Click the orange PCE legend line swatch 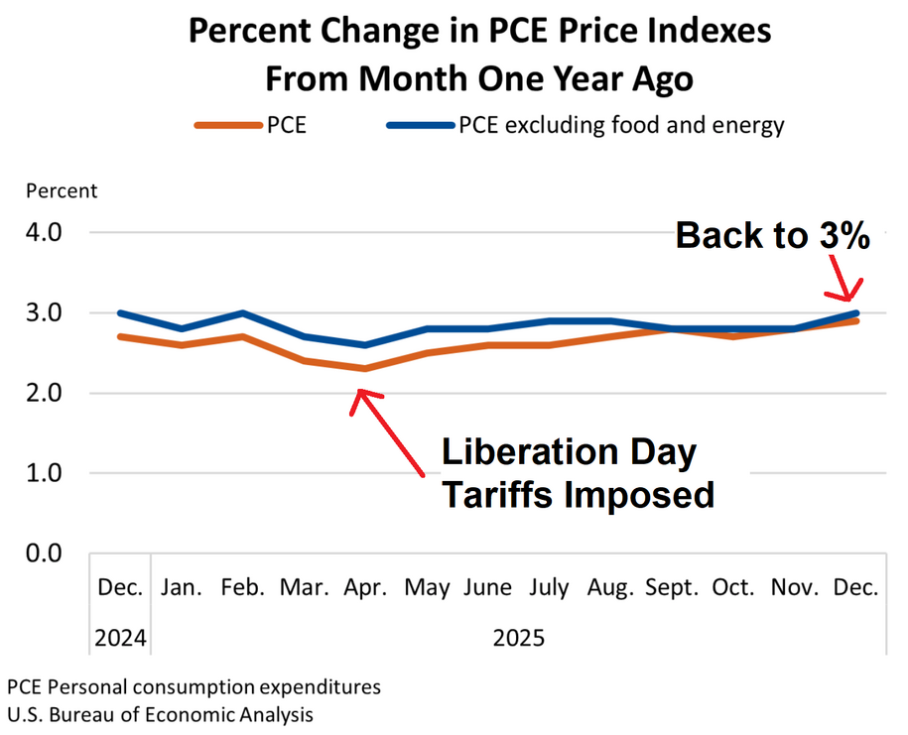tap(226, 125)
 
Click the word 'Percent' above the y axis tap(62, 190)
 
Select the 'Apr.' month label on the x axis tap(366, 587)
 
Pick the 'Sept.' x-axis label tap(673, 587)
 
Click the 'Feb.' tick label tap(243, 587)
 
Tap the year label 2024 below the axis tap(120, 638)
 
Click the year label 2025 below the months tap(519, 638)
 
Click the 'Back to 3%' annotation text tap(773, 236)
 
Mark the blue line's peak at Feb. tap(243, 312)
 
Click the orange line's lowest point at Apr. tap(366, 369)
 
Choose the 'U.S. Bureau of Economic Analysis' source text tap(160, 713)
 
